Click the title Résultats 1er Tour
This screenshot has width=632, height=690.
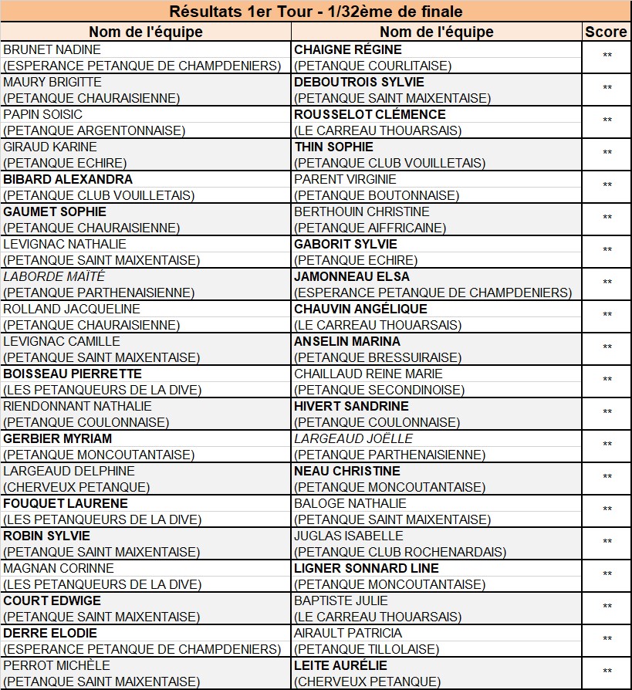tap(316, 12)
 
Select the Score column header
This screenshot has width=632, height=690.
tap(606, 32)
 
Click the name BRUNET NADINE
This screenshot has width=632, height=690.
tap(52, 49)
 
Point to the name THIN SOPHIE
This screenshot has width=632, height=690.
tap(333, 147)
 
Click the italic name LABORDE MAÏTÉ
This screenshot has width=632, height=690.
tap(54, 276)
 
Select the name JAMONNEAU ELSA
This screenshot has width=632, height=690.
tap(352, 276)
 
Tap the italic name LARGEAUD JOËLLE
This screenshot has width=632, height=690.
tap(353, 438)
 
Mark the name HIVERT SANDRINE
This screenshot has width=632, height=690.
tap(351, 406)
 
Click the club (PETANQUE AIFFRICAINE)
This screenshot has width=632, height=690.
tap(370, 228)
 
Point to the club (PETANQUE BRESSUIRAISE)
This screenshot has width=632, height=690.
tap(378, 357)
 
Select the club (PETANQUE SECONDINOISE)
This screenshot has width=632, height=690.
tap(380, 390)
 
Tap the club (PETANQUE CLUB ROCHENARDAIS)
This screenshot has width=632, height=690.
tap(400, 552)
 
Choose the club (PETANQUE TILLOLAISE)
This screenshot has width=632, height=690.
tap(367, 649)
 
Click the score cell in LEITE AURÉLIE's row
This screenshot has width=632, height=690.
tap(607, 671)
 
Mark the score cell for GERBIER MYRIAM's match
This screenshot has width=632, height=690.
tap(607, 445)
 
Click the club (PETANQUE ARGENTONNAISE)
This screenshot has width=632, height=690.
tap(94, 130)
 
